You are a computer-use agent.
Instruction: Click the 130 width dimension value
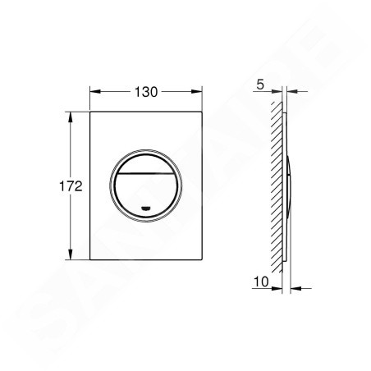pyautogui.click(x=146, y=92)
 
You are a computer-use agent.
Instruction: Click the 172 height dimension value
pyautogui.click(x=71, y=186)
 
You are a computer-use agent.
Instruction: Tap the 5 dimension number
pyautogui.click(x=260, y=85)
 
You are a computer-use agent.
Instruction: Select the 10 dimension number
pyautogui.click(x=261, y=282)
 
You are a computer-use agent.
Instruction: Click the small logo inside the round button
pyautogui.click(x=146, y=209)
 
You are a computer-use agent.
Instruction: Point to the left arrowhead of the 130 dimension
pyautogui.click(x=95, y=92)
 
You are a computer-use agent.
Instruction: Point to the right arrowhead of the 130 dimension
pyautogui.click(x=197, y=92)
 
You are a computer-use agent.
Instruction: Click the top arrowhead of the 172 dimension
pyautogui.click(x=71, y=117)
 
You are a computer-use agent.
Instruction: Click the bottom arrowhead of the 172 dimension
pyautogui.click(x=71, y=254)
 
